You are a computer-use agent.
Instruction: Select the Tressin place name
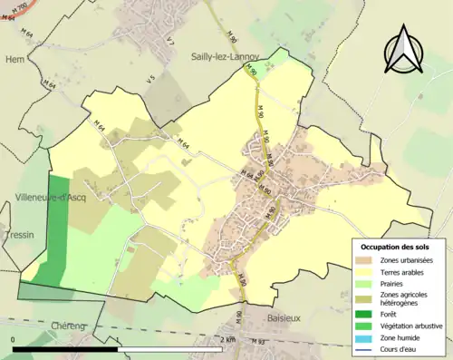point(18,234)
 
